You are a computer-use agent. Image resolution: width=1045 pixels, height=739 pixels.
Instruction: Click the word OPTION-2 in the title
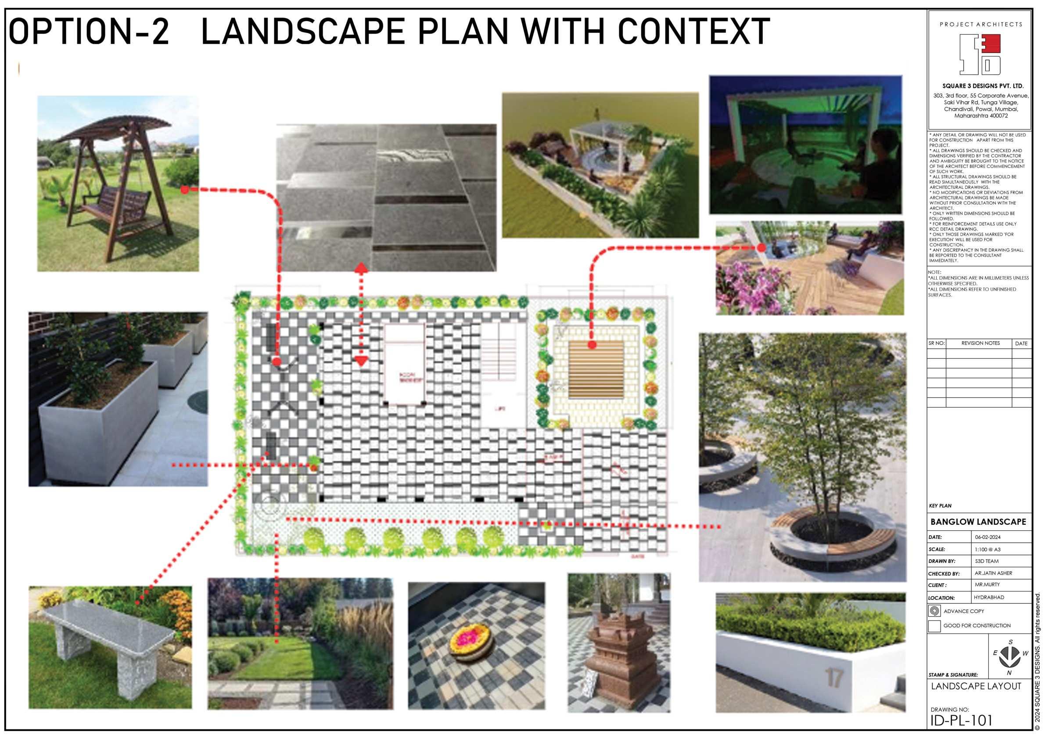(x=89, y=32)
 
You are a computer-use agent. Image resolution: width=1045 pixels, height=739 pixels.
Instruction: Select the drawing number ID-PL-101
(x=961, y=720)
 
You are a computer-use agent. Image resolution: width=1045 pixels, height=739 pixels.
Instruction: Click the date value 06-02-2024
(x=988, y=537)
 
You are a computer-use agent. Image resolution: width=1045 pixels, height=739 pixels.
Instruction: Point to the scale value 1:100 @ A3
(x=988, y=549)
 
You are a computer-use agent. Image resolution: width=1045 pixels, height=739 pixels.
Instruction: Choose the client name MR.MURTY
(x=987, y=584)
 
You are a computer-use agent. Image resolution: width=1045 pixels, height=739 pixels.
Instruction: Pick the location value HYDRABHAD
(x=988, y=597)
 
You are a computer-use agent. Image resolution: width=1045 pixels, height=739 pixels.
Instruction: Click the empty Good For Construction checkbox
(x=934, y=626)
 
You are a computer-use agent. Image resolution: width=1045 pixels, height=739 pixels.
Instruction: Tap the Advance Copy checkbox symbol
(x=934, y=611)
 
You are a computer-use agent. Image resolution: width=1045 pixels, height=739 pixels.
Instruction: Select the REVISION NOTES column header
(x=980, y=343)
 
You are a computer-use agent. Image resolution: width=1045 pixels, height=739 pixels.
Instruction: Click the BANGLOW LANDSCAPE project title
(x=978, y=522)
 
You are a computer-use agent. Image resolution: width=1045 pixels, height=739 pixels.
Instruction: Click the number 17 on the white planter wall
(x=834, y=677)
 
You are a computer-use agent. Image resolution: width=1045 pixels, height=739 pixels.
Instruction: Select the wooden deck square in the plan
(x=596, y=369)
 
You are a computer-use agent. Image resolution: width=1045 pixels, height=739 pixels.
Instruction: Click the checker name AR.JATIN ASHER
(x=993, y=573)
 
